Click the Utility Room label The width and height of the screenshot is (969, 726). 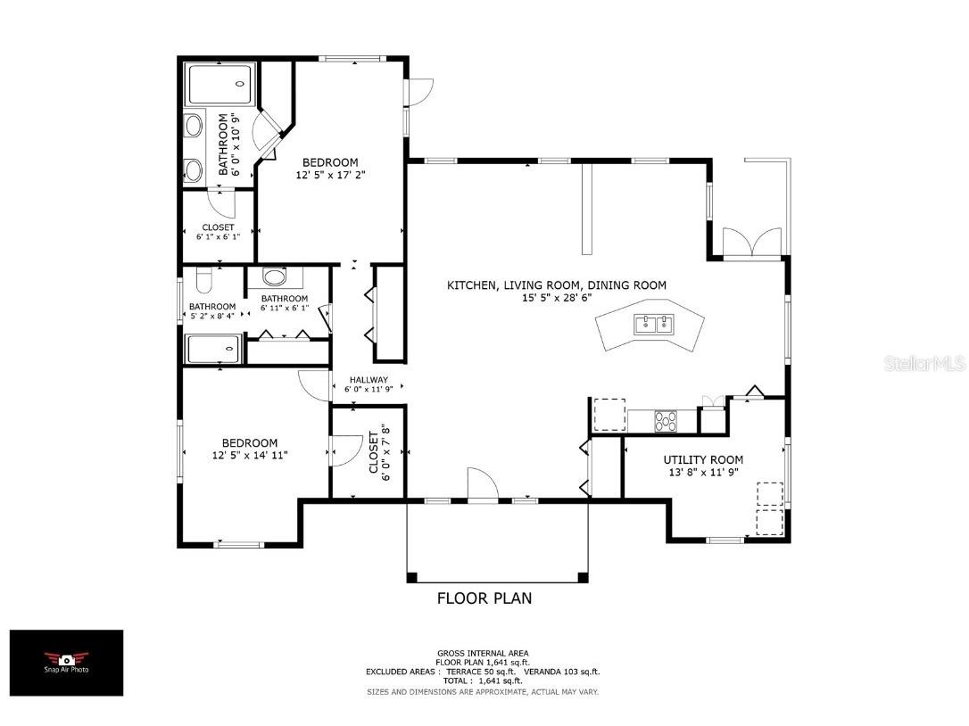coord(702,460)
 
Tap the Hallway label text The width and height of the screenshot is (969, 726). coord(368,380)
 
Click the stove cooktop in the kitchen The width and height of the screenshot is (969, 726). coord(666,420)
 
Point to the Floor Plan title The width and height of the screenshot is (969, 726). coord(484,598)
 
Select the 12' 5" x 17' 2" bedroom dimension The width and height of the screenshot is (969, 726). coord(330,176)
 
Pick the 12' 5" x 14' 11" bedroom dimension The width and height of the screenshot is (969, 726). coord(250,456)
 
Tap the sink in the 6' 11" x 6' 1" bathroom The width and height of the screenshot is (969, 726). coord(276,277)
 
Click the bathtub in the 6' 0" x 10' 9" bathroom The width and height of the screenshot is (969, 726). coord(220,84)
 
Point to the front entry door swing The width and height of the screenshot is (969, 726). coord(482,485)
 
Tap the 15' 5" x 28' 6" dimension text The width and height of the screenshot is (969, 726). coord(556,298)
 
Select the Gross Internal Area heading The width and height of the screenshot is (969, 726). coord(483,653)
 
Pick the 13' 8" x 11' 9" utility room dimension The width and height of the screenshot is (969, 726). coord(702,473)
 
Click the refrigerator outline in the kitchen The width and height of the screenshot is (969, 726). coord(609,415)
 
